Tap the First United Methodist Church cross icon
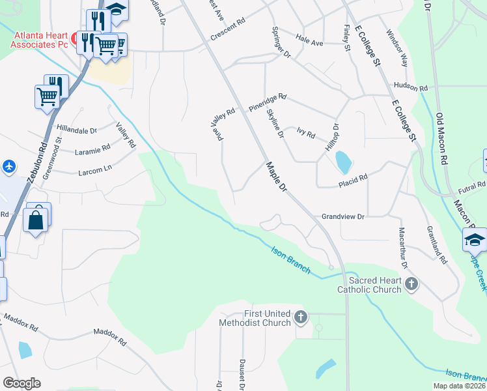pyautogui.click(x=300, y=317)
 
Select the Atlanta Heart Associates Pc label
pyautogui.click(x=40, y=40)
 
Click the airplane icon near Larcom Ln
pyautogui.click(x=9, y=166)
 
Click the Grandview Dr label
pyautogui.click(x=342, y=216)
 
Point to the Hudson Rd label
pyautogui.click(x=411, y=87)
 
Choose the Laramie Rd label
pyautogui.click(x=92, y=150)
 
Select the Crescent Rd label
pyautogui.click(x=227, y=35)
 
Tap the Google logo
pyautogui.click(x=21, y=383)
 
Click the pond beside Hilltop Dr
pyautogui.click(x=342, y=161)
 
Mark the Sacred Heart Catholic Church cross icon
pyautogui.click(x=411, y=283)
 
